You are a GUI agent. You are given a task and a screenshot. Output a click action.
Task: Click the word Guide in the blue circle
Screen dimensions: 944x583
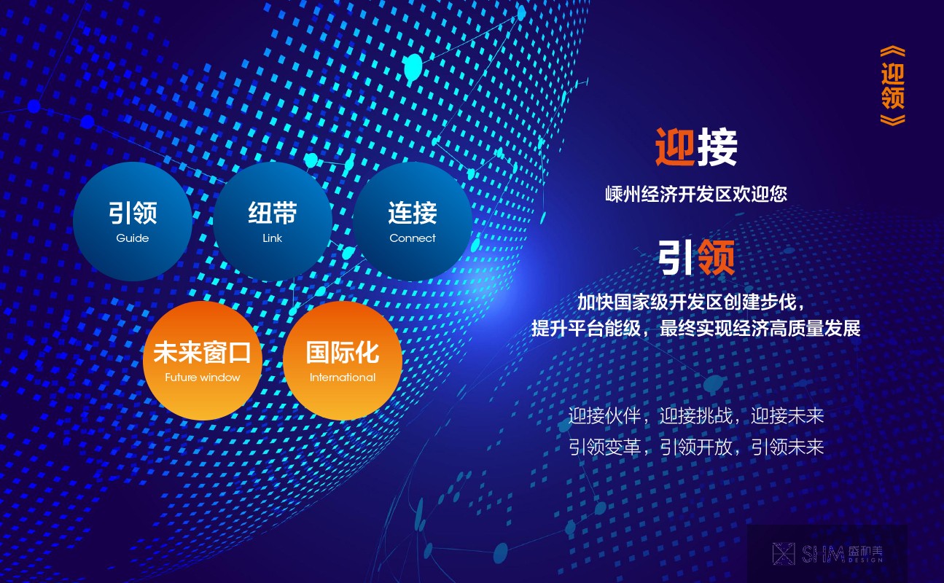pos(133,238)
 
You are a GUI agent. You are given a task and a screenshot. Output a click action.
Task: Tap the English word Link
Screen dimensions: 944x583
pos(272,238)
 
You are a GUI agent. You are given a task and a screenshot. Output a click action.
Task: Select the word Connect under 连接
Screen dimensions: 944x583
pos(413,238)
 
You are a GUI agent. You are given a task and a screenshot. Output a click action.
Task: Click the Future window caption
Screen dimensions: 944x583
pos(203,377)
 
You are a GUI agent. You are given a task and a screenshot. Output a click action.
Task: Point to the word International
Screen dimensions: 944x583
pos(342,377)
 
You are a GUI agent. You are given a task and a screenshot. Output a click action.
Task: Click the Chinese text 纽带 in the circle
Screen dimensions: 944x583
pos(272,213)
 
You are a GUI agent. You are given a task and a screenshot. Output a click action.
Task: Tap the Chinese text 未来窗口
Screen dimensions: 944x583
pos(203,352)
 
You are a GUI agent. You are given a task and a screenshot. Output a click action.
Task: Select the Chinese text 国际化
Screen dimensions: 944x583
pos(342,352)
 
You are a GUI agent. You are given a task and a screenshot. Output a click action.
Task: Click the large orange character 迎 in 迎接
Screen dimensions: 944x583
pos(675,147)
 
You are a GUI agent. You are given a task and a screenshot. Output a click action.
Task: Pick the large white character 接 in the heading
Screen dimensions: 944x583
pos(717,147)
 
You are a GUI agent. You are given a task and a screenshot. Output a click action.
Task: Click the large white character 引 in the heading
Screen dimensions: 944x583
pos(676,257)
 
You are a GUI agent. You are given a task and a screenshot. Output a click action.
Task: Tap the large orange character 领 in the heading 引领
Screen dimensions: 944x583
pos(717,257)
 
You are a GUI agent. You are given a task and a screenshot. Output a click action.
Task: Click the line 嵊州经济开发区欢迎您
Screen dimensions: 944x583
pos(696,194)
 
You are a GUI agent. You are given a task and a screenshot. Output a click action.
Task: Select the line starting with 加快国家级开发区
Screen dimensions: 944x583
pos(691,302)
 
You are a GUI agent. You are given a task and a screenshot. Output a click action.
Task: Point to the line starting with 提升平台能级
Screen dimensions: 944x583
pos(695,329)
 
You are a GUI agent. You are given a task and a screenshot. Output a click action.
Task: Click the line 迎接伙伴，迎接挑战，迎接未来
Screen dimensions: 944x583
pos(696,416)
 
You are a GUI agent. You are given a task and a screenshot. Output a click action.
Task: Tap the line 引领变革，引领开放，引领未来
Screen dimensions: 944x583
pos(696,447)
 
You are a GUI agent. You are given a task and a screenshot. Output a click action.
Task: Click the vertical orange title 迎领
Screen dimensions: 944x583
pos(892,86)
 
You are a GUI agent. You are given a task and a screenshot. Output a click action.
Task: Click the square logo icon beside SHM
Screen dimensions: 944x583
pos(784,554)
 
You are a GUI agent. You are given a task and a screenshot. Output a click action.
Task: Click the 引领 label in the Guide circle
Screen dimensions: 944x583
pos(133,213)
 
